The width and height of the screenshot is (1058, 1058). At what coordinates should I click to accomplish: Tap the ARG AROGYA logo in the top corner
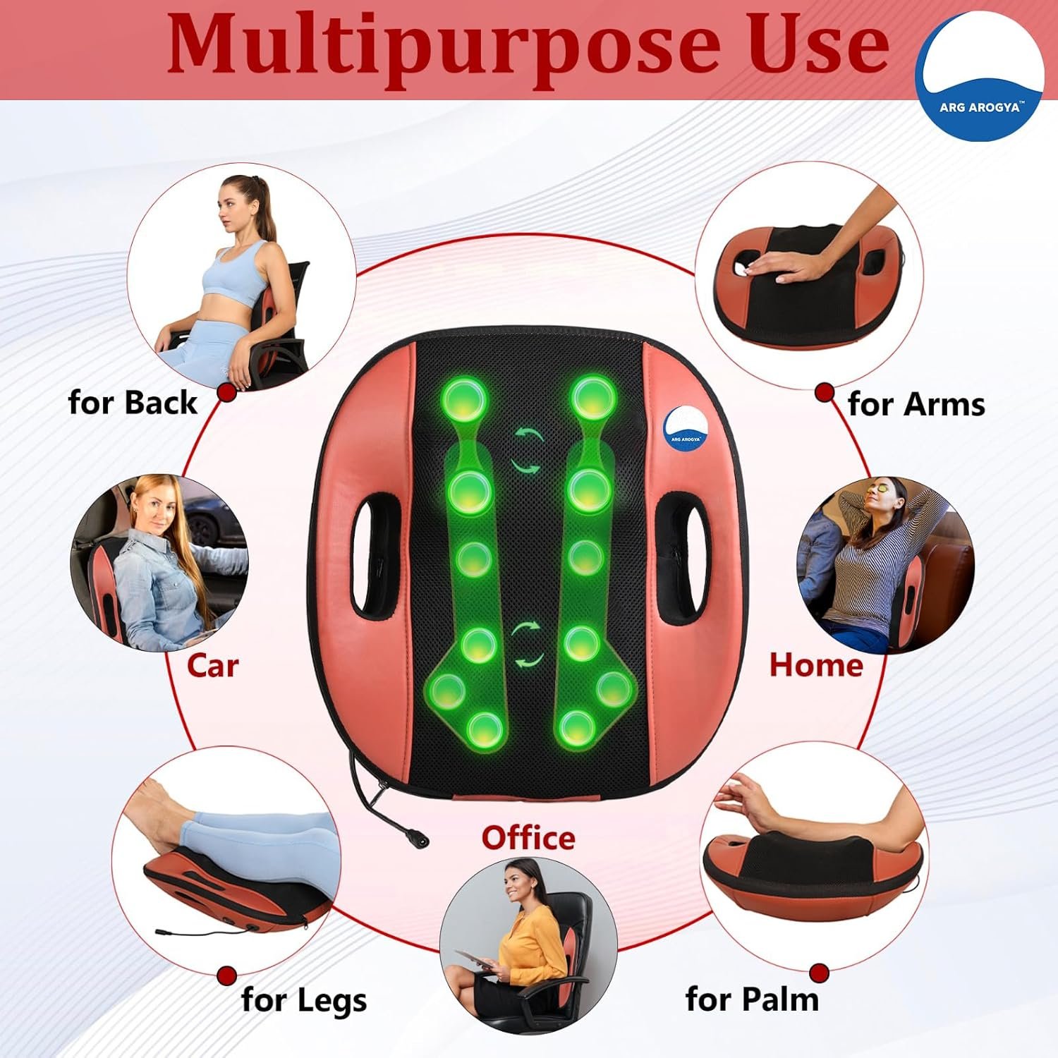pyautogui.click(x=979, y=75)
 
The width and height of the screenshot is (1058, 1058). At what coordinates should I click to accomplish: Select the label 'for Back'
pyautogui.click(x=133, y=403)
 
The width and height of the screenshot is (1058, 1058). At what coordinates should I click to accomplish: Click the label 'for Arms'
pyautogui.click(x=916, y=404)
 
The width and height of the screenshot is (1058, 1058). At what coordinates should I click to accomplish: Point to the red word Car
pyautogui.click(x=212, y=665)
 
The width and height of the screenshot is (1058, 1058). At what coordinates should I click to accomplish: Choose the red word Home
pyautogui.click(x=816, y=665)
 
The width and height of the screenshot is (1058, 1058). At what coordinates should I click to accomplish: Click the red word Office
pyautogui.click(x=528, y=838)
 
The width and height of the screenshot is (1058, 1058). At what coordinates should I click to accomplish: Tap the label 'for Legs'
pyautogui.click(x=304, y=1000)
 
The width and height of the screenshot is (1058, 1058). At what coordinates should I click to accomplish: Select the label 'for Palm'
pyautogui.click(x=752, y=999)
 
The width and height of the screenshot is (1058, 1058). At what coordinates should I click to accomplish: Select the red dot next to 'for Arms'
pyautogui.click(x=825, y=393)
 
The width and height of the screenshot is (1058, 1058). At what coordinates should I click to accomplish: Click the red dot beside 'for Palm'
pyautogui.click(x=819, y=973)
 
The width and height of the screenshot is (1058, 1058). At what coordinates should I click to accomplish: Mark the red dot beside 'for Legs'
pyautogui.click(x=226, y=976)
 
